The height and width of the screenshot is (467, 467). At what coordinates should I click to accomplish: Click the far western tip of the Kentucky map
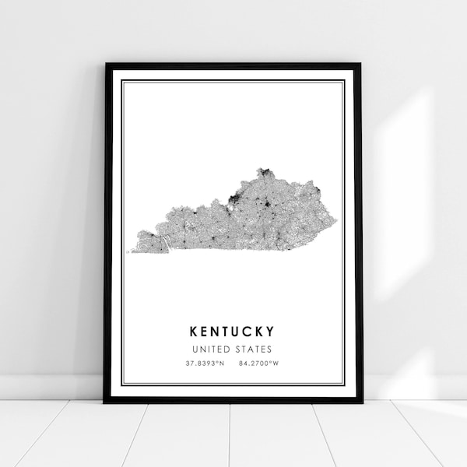(132, 251)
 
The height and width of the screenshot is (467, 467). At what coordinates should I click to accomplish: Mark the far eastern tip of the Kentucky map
(336, 226)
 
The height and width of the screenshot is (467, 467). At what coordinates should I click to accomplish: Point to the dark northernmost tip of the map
(265, 170)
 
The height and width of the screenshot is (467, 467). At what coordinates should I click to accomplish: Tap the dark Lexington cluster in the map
(269, 207)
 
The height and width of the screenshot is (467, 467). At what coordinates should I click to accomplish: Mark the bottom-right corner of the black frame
(362, 402)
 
